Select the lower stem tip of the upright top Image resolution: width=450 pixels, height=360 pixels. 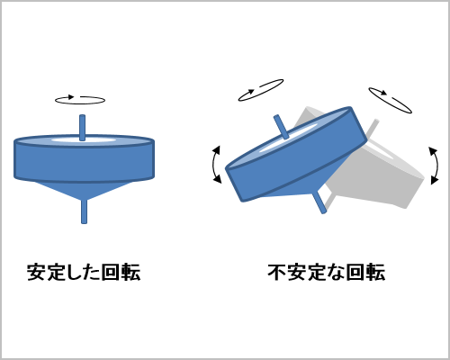coord(84,211)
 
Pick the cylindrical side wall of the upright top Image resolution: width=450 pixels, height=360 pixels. coord(84,164)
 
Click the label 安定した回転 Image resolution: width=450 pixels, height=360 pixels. coord(83,272)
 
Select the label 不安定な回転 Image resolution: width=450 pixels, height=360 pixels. coord(326,272)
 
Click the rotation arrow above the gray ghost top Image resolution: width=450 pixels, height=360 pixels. coord(390,99)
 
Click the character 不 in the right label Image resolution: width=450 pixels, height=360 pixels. coord(277,272)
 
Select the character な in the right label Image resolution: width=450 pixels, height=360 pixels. coord(336,272)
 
